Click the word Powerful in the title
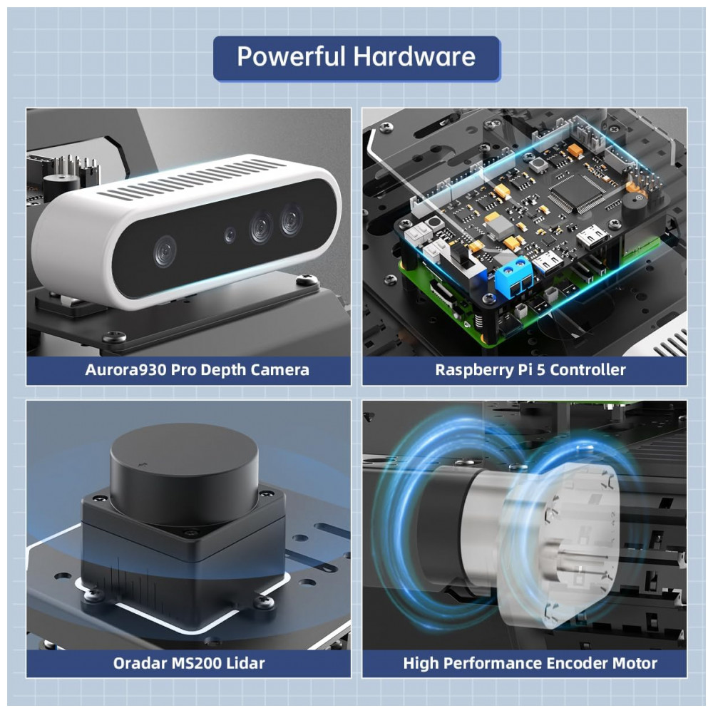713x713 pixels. (288, 56)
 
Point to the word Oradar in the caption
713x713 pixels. (138, 663)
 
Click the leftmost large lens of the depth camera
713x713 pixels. (164, 251)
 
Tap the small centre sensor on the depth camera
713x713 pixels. (229, 235)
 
